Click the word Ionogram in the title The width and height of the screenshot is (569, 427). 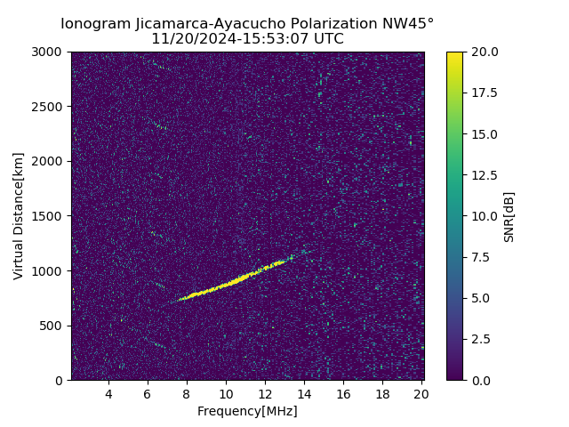click(92, 23)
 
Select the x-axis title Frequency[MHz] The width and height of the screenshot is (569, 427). click(247, 411)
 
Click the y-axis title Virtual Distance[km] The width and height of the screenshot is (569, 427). click(18, 216)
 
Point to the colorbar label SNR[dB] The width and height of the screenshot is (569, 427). click(509, 216)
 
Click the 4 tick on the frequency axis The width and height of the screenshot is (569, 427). click(108, 394)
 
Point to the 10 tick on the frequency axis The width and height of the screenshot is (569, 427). click(226, 394)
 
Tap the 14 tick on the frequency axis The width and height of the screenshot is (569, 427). click(304, 394)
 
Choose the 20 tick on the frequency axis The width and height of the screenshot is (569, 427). click(421, 394)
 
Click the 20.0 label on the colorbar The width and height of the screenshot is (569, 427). click(484, 52)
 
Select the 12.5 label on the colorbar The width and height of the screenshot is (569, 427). click(484, 175)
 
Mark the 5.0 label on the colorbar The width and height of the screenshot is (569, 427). click(481, 298)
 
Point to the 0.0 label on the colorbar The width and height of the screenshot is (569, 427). click(481, 381)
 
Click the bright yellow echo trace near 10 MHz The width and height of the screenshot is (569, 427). click(228, 286)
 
